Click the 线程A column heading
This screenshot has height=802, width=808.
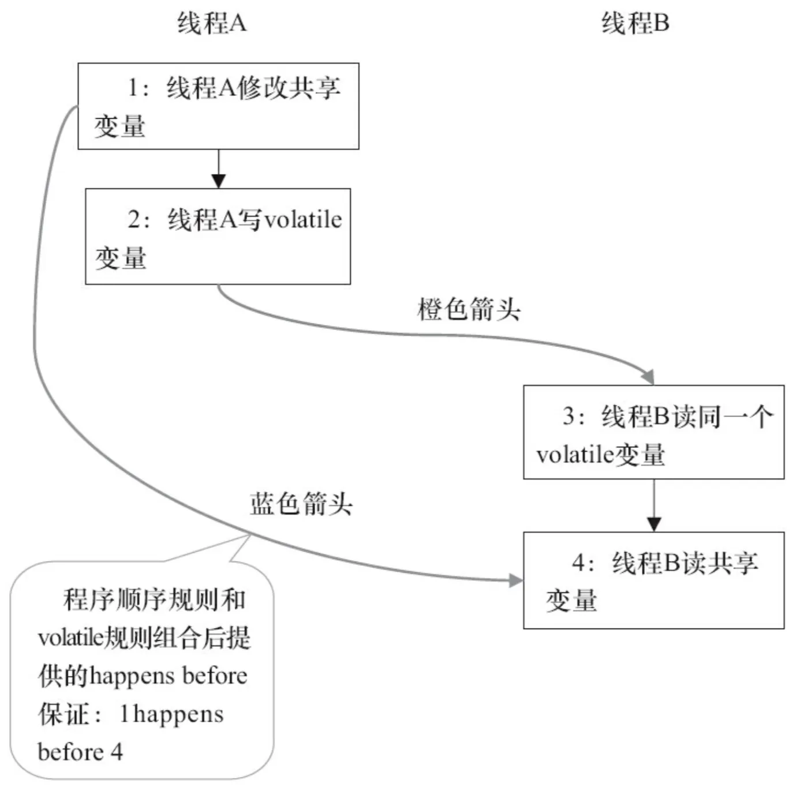point(212,23)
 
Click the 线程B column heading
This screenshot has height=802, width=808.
point(635,23)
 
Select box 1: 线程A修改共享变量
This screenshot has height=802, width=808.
point(219,106)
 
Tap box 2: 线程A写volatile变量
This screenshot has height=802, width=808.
point(218,237)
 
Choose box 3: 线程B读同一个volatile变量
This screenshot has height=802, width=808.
point(654,432)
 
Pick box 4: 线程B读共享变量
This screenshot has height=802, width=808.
point(654,580)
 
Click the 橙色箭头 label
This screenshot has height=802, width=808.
point(469,309)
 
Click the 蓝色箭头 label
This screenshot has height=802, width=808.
point(301,504)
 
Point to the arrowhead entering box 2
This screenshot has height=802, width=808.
point(219,181)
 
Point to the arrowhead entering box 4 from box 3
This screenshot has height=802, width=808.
point(654,524)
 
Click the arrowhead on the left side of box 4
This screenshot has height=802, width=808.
point(516,580)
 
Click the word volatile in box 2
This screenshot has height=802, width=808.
point(303,220)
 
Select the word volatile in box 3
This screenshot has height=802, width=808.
point(575,455)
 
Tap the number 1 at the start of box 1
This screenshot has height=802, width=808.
point(133,88)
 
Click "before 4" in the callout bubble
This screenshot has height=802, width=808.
point(80,752)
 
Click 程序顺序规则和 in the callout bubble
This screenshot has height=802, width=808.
point(154,600)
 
